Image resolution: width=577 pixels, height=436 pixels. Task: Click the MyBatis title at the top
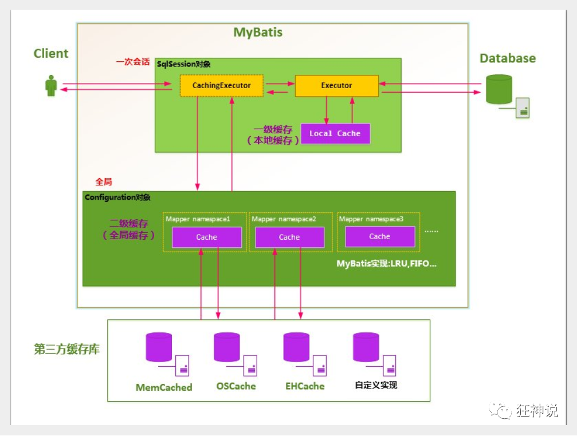click(x=258, y=32)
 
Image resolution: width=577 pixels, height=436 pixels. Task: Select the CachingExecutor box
click(x=221, y=86)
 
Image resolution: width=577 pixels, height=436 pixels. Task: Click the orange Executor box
click(x=336, y=86)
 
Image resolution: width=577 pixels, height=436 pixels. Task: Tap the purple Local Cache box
click(x=335, y=133)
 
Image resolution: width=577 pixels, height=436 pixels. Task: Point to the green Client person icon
click(x=51, y=86)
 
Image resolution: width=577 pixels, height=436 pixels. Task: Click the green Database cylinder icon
click(x=499, y=89)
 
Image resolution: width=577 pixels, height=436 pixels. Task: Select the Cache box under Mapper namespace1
click(x=207, y=237)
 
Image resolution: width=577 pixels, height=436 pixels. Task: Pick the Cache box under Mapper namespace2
click(x=289, y=237)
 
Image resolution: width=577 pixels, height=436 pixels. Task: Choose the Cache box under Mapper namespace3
click(x=379, y=236)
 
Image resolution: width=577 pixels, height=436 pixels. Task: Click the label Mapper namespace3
click(x=371, y=219)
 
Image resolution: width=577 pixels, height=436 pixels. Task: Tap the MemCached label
click(x=164, y=387)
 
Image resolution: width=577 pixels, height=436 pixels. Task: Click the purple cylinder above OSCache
click(x=226, y=347)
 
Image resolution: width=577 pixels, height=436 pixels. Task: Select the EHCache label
click(x=305, y=386)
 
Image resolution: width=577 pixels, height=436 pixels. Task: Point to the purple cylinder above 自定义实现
click(x=366, y=347)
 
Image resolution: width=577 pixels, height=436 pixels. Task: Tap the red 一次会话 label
click(x=133, y=62)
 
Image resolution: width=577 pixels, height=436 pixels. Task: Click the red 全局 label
click(x=103, y=182)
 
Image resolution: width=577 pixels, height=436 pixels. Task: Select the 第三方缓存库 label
click(x=67, y=350)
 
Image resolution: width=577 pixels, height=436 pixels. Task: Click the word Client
click(x=51, y=54)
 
